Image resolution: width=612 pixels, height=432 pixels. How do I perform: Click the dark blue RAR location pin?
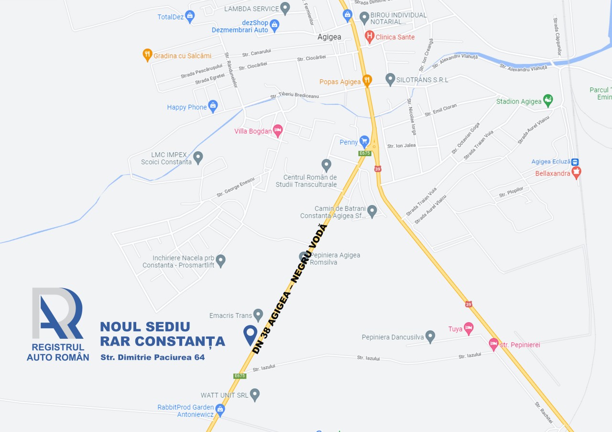250,334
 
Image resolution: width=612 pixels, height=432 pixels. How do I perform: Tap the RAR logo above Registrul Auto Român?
58,313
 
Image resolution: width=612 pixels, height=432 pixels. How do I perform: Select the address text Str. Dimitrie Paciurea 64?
153,357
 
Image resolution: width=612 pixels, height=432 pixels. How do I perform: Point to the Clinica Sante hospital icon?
369,36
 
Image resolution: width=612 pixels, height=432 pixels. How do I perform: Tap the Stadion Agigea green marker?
548,100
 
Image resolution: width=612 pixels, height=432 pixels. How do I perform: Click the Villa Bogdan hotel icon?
278,130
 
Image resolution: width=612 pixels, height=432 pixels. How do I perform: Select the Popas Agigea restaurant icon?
367,81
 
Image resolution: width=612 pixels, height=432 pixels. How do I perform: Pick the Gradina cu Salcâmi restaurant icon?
148,55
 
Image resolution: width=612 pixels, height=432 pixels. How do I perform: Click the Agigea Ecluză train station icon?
575,162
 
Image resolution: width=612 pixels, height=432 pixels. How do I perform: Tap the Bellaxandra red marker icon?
576,173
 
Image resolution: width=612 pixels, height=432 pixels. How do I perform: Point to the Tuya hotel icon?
469,328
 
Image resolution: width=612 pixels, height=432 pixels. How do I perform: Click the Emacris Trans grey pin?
258,315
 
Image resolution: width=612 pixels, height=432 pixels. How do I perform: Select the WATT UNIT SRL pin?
255,394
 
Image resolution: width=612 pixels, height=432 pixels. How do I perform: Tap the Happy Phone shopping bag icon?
213,106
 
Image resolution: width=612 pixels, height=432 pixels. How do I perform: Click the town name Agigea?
329,37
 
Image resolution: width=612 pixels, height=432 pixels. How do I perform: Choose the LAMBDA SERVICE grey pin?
285,8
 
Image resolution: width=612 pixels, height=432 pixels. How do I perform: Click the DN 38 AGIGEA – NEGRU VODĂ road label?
290,290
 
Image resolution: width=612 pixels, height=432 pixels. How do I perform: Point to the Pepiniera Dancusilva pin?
430,336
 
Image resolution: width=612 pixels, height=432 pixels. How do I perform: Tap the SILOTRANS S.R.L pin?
390,79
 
